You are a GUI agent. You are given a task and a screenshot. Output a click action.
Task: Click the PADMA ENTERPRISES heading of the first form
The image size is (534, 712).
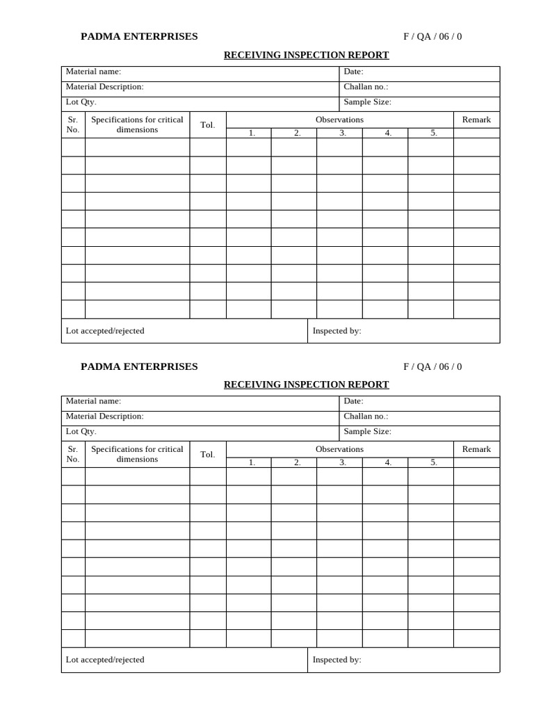tap(139, 37)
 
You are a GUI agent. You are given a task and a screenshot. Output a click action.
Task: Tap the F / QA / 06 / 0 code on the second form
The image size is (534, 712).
tap(432, 367)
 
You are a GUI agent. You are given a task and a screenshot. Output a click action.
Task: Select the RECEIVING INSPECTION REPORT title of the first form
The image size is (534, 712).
tap(306, 56)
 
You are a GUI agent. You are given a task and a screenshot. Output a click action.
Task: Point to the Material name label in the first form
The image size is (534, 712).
tap(93, 72)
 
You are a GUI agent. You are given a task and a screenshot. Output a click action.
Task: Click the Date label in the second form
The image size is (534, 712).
tap(353, 401)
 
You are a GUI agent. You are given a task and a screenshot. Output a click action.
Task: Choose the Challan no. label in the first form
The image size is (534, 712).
tap(366, 87)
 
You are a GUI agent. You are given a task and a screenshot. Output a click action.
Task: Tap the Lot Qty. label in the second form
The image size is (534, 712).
tap(81, 432)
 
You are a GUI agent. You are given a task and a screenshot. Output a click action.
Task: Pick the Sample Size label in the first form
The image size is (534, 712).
tap(367, 102)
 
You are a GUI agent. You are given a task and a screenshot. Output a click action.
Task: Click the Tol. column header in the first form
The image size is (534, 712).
tap(208, 125)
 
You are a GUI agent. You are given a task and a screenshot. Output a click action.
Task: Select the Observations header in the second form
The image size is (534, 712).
tap(339, 449)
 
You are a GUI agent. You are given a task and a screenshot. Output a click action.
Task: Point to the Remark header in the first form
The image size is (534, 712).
tap(476, 120)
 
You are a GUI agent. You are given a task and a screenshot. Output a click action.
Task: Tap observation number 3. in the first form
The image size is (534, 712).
tap(343, 133)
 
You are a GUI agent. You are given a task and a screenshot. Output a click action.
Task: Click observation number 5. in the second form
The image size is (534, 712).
tap(434, 462)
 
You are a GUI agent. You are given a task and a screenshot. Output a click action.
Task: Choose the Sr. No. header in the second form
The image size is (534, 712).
tap(73, 454)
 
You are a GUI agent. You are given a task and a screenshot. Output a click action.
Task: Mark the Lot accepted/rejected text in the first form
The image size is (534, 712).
tap(105, 331)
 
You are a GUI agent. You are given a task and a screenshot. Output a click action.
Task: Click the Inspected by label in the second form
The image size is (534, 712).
tap(337, 660)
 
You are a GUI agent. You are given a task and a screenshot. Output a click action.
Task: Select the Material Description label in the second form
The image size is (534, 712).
tap(104, 416)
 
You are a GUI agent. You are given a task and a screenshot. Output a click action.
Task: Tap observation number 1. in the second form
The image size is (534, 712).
tap(252, 462)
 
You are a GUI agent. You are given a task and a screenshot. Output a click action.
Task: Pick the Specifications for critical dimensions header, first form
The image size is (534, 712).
tap(137, 124)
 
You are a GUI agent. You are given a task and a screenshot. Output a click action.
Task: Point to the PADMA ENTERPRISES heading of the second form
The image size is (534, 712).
tap(139, 366)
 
